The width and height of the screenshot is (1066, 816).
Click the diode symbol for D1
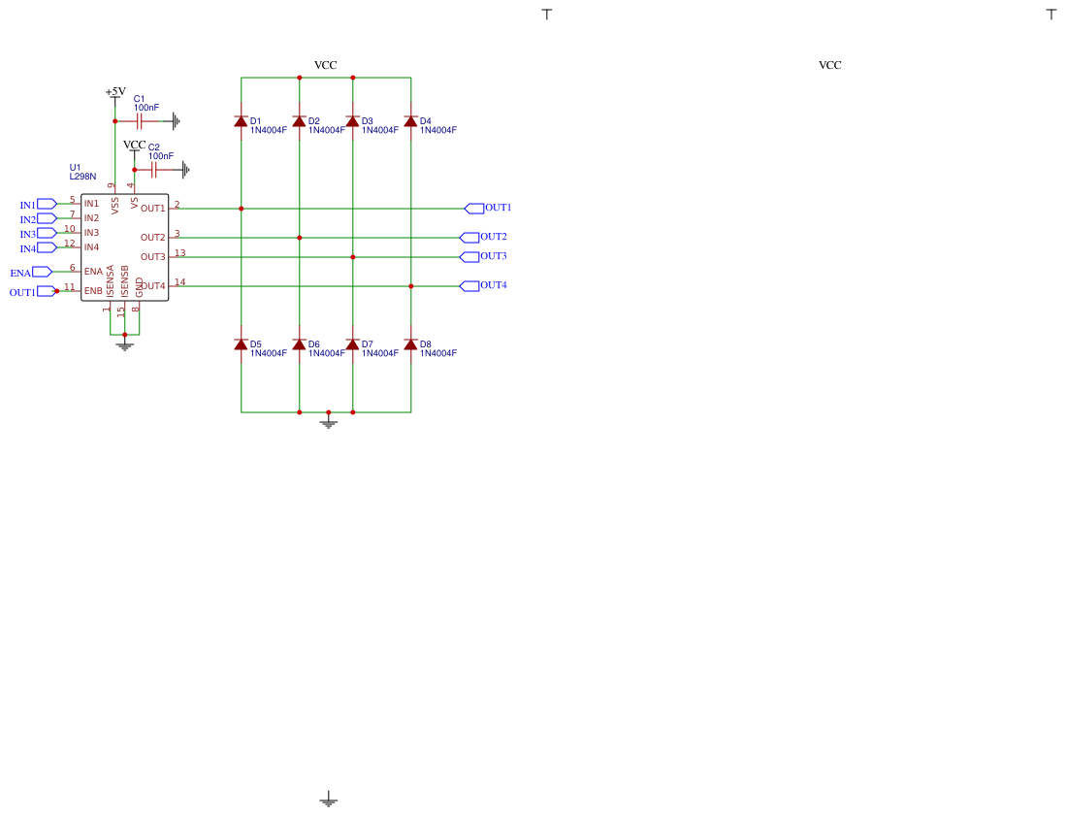tap(241, 121)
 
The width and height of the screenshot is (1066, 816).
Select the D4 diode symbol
tap(410, 121)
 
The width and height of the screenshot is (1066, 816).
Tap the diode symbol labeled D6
tap(299, 344)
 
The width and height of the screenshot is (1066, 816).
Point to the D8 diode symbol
tap(410, 344)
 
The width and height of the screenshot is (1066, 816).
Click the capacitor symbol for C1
tap(139, 121)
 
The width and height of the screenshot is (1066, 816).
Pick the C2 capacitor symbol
tap(153, 170)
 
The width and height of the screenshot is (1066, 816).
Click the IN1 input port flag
tap(47, 204)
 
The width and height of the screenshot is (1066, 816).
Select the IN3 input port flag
tap(47, 233)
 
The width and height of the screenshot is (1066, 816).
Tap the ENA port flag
tap(42, 272)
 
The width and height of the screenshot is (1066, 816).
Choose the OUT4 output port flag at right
tap(469, 286)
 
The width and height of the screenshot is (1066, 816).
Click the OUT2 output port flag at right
tap(469, 238)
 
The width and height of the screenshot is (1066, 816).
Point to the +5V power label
tap(115, 91)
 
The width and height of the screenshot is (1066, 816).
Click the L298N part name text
tap(83, 177)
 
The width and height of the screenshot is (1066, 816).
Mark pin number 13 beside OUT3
tap(180, 253)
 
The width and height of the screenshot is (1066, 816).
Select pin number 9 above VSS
tap(111, 185)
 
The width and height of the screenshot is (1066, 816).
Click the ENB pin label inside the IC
tap(93, 291)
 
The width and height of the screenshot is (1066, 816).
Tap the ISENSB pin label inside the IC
tap(124, 281)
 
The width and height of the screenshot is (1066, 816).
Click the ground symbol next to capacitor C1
tap(177, 121)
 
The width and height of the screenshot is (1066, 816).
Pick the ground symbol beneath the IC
tap(124, 346)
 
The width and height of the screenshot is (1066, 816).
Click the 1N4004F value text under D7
tap(380, 353)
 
